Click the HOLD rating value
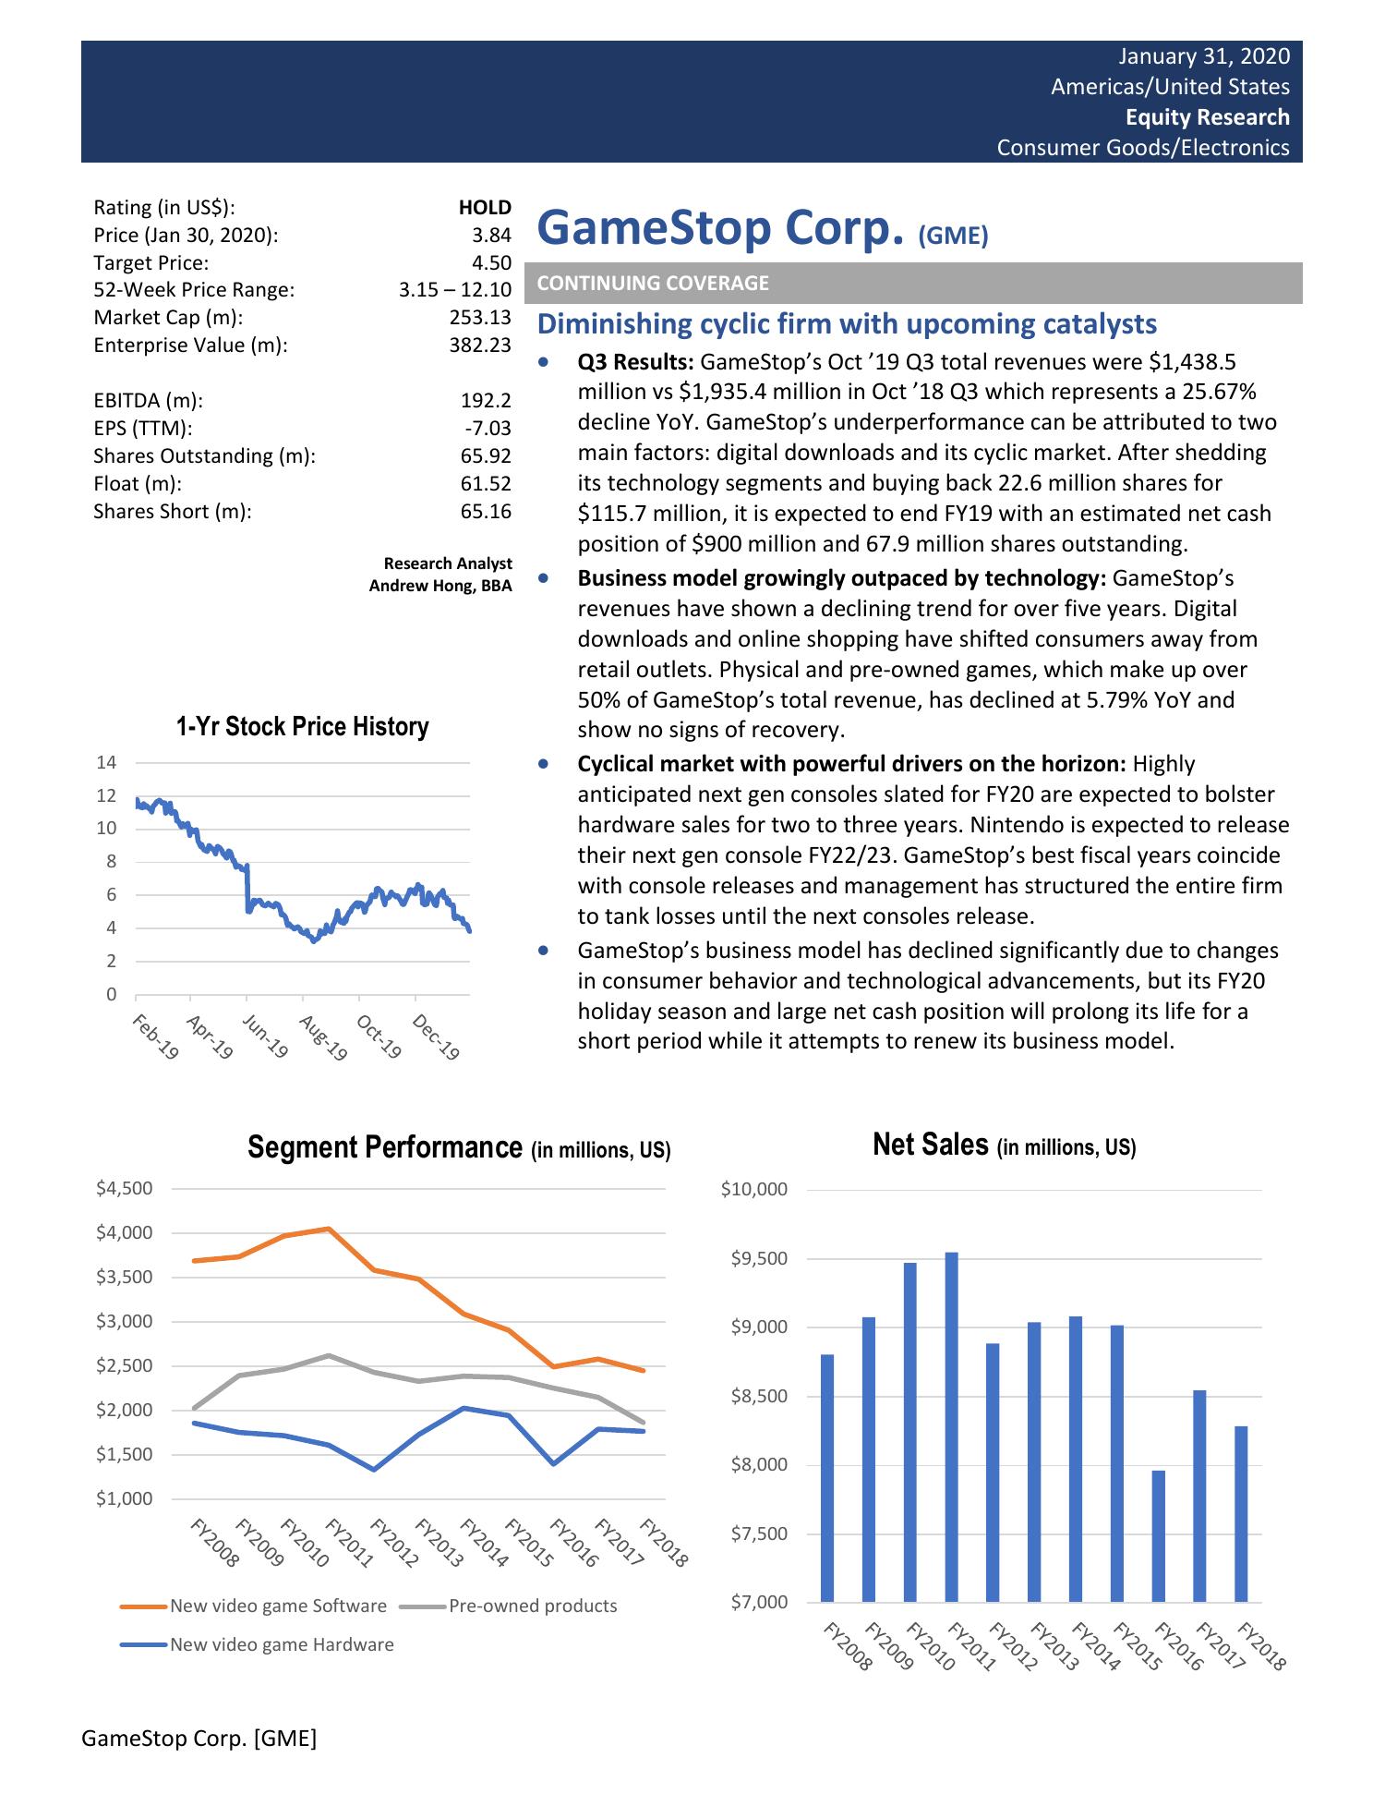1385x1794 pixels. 485,208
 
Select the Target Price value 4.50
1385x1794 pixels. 486,263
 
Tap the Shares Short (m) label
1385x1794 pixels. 172,512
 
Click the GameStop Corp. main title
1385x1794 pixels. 719,228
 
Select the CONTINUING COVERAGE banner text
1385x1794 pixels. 653,284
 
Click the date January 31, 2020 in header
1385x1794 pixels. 1204,56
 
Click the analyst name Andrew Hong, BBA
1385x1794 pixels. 440,586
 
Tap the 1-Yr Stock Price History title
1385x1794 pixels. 303,727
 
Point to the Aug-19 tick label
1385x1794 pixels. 322,1037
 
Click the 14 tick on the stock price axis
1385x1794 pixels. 106,763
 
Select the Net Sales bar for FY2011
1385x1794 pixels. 951,1426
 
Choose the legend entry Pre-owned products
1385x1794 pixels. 533,1606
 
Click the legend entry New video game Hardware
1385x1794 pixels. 282,1644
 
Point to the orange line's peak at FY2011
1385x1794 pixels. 329,1229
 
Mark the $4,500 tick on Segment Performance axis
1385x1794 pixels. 125,1188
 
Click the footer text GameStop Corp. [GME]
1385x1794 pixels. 199,1739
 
